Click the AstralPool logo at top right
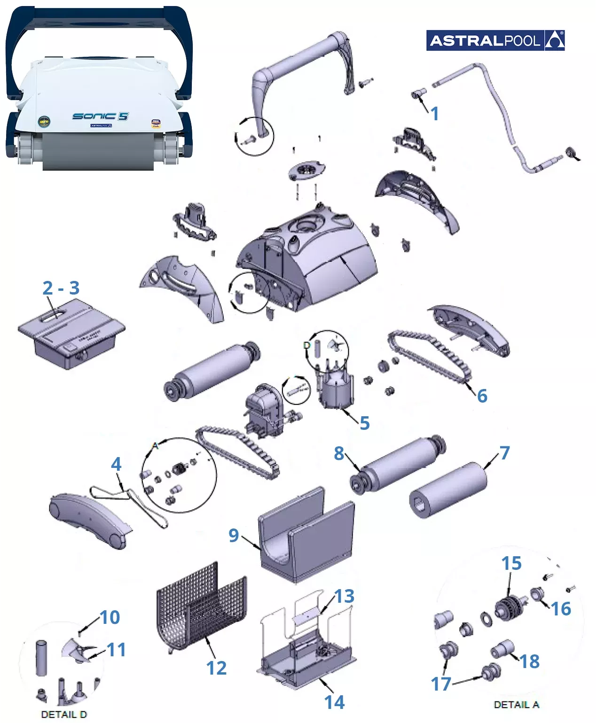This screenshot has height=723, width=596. tap(495, 40)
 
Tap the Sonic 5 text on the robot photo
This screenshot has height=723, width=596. tap(100, 116)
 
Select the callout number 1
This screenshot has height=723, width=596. tap(435, 114)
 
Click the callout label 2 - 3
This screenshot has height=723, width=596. tap(61, 288)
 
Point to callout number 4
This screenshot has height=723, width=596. tap(116, 465)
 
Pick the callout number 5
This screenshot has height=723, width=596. tap(365, 423)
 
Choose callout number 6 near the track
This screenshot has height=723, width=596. tap(482, 396)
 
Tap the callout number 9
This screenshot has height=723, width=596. tap(234, 535)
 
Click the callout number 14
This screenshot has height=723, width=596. tap(334, 702)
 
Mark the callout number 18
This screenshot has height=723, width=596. tap(530, 661)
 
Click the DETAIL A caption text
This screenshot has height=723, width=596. tap(516, 705)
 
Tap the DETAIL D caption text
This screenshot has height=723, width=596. tap(64, 715)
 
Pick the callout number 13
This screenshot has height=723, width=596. tap(345, 596)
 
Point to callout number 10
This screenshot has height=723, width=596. tap(110, 617)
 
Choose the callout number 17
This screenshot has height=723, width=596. tap(441, 684)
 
